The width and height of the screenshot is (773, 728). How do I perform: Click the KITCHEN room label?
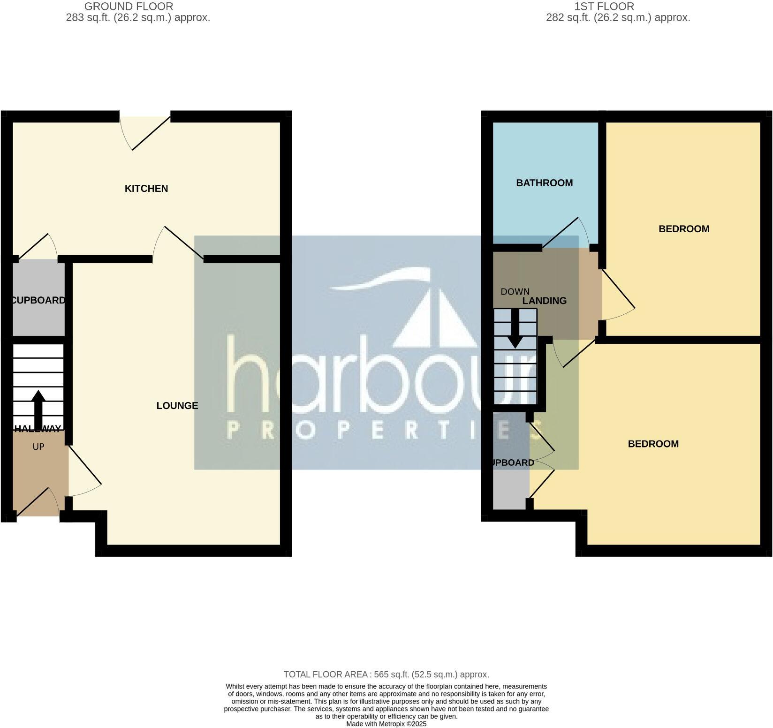(x=146, y=189)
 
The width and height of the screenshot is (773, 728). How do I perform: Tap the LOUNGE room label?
(x=177, y=406)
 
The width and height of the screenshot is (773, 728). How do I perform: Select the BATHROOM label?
(x=544, y=183)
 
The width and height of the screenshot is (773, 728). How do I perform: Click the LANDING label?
(x=545, y=301)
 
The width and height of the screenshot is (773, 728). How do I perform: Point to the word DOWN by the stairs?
(x=515, y=292)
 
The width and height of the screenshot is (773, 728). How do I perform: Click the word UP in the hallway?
(x=38, y=447)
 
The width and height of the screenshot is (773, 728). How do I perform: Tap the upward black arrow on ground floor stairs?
(x=38, y=410)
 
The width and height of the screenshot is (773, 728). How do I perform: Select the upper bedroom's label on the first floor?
(x=683, y=229)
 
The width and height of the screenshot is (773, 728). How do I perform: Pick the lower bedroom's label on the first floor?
(x=653, y=444)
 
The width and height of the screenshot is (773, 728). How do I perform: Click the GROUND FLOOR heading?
(x=129, y=7)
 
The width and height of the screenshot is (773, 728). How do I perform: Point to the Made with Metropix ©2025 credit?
(x=386, y=724)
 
